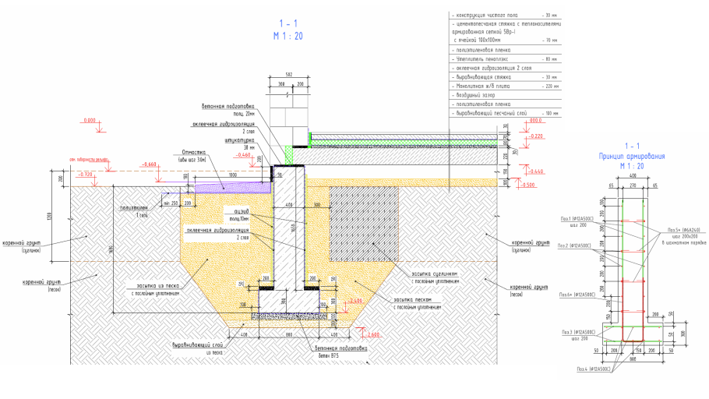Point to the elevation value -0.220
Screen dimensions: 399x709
[534, 136]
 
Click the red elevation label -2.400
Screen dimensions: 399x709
[356, 299]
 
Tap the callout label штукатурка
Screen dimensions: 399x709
[240, 140]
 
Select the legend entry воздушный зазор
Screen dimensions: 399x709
[478, 95]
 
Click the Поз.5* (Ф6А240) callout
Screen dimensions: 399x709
[684, 231]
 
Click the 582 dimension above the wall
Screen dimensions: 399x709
[287, 74]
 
